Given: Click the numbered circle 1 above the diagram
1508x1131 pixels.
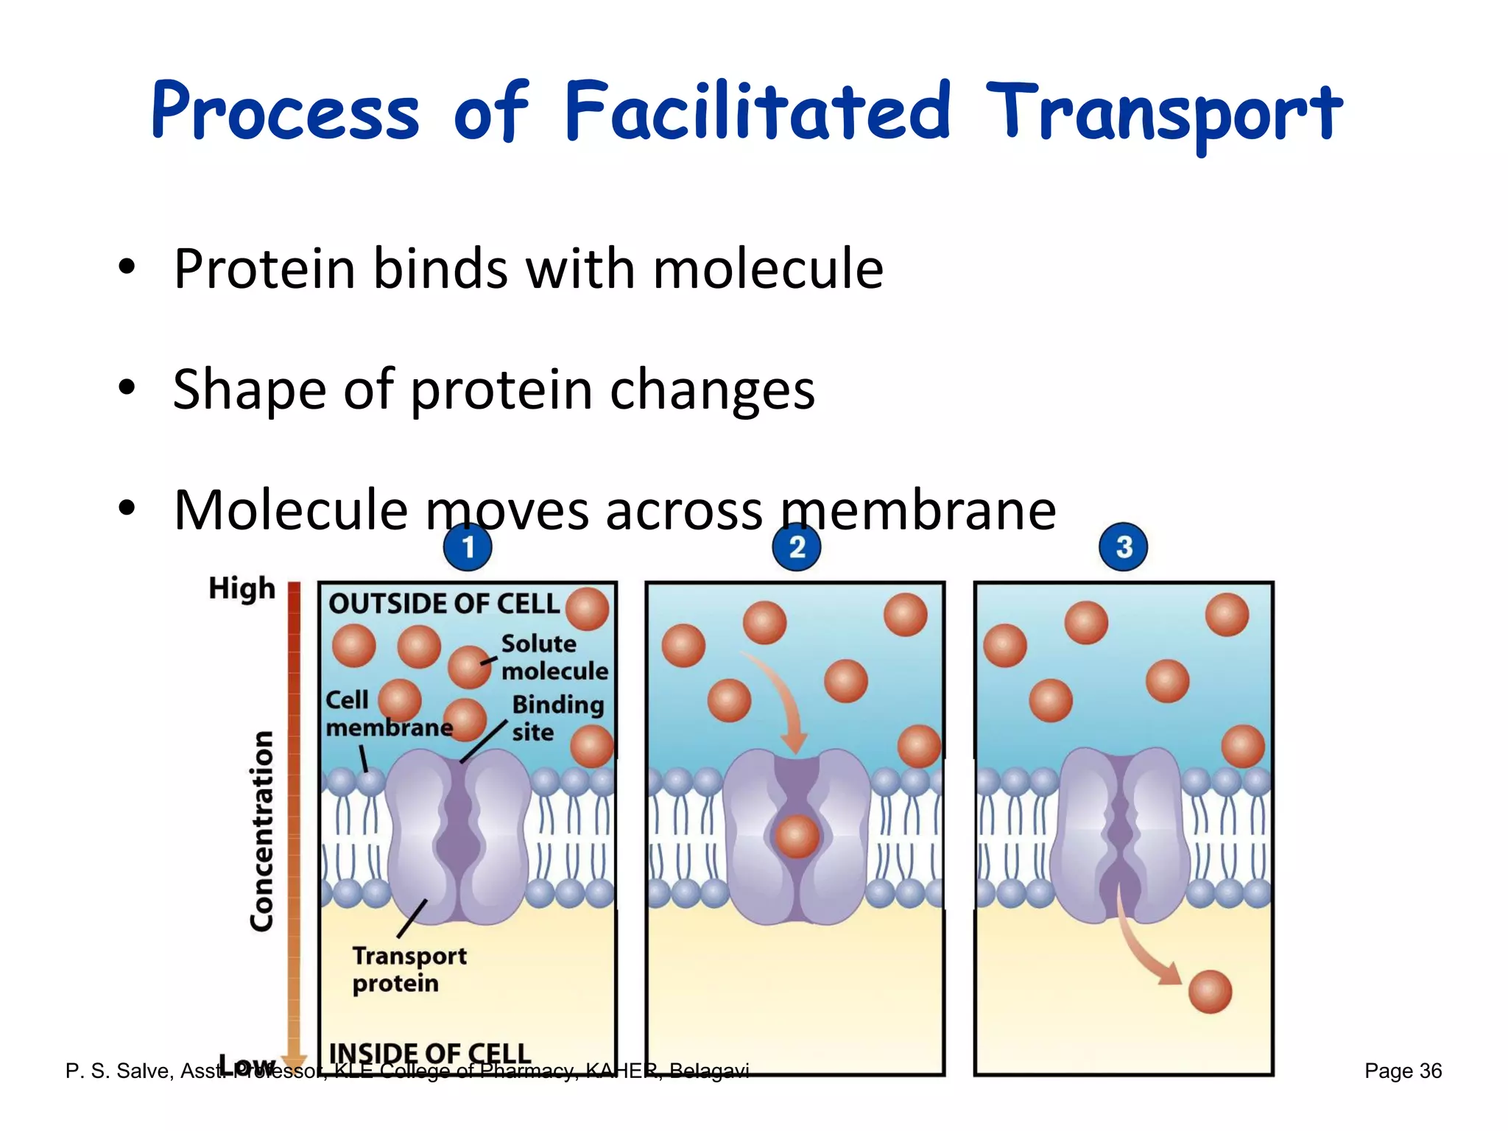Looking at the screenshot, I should (468, 547).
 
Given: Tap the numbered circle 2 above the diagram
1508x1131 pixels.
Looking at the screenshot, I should (796, 547).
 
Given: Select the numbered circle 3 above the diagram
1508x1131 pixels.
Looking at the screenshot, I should (1123, 547).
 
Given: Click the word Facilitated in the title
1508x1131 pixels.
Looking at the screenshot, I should (757, 112).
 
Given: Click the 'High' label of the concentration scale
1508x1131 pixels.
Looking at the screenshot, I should (242, 589).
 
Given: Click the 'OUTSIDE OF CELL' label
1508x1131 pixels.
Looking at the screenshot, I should (444, 604).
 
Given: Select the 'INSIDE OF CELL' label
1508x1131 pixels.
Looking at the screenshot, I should (429, 1053).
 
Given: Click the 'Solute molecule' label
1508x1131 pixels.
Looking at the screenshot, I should (554, 657).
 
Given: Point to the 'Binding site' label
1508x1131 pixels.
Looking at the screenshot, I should (557, 718).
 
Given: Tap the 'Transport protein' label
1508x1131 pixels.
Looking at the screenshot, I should (409, 969).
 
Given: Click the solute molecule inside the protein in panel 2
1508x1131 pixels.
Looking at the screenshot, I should (797, 836).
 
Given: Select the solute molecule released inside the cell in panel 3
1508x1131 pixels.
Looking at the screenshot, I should (1210, 992).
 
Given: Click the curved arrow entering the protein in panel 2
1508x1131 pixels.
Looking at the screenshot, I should (782, 700).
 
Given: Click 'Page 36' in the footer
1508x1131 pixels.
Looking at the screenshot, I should (1403, 1071).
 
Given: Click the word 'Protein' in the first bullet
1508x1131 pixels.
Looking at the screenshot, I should (265, 269).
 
